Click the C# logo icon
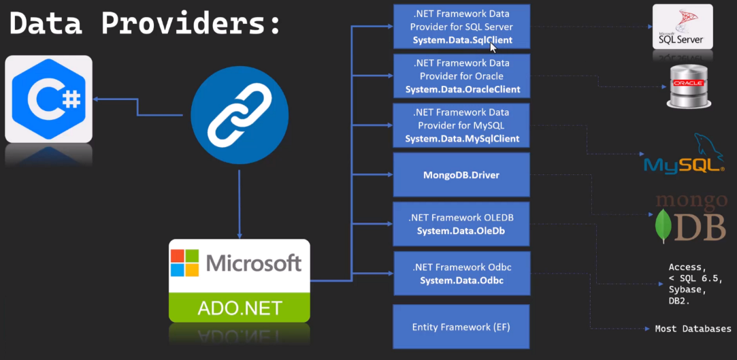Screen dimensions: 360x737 [x=48, y=99]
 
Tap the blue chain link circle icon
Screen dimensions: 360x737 [x=239, y=115]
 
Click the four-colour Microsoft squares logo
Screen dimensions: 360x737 [x=184, y=263]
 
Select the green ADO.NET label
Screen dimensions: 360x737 [x=239, y=308]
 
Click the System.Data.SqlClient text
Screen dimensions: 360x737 [x=462, y=40]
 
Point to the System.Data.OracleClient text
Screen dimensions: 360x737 [x=462, y=89]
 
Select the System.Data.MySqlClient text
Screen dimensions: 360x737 [x=462, y=138]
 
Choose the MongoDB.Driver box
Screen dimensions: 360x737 [x=461, y=176]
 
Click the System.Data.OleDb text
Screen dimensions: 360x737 [x=461, y=231]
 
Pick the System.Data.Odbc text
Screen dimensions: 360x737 [x=461, y=280]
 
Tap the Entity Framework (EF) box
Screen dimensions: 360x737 [x=461, y=327]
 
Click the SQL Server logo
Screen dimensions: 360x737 [x=682, y=27]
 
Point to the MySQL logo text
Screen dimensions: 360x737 [x=683, y=164]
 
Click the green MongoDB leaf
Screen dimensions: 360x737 [x=660, y=227]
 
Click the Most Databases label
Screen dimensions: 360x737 [x=693, y=329]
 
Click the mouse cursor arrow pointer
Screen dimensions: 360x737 [x=493, y=48]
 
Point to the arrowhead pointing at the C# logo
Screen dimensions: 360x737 [x=97, y=99]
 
